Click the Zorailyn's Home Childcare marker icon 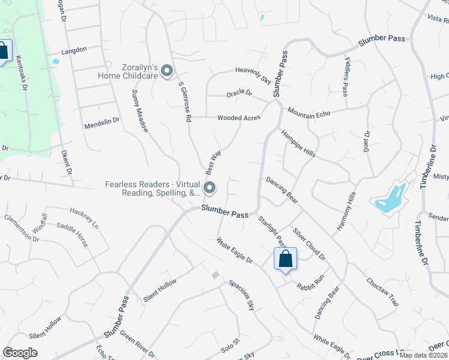pos(167,71)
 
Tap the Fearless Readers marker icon pos(209,188)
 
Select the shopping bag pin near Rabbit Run pos(286,259)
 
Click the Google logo pos(20,353)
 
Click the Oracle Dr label pos(239,94)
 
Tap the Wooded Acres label pos(238,118)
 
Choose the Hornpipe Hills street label pos(298,144)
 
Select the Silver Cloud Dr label pos(309,244)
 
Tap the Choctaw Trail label pos(382,292)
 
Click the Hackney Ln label pos(83,219)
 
